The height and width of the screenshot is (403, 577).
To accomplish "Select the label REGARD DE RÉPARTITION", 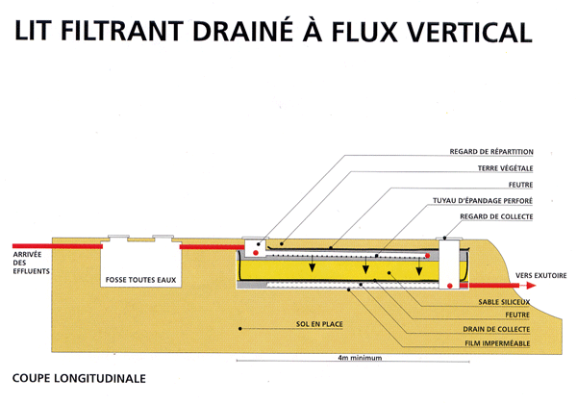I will pyautogui.click(x=505, y=152).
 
